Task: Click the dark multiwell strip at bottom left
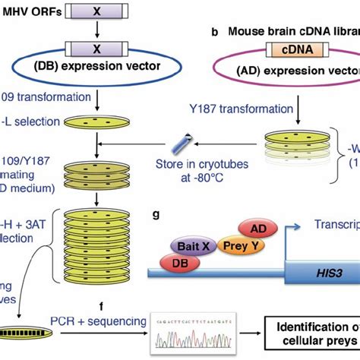click(24, 332)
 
